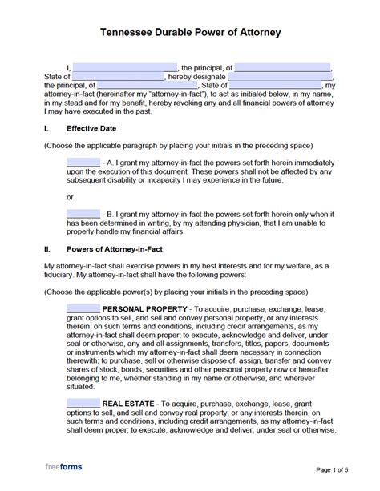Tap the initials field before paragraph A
83,161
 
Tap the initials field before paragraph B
83,213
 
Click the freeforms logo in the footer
63,467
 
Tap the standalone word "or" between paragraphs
71,195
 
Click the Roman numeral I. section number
46,127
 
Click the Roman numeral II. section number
47,250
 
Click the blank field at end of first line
284,67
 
